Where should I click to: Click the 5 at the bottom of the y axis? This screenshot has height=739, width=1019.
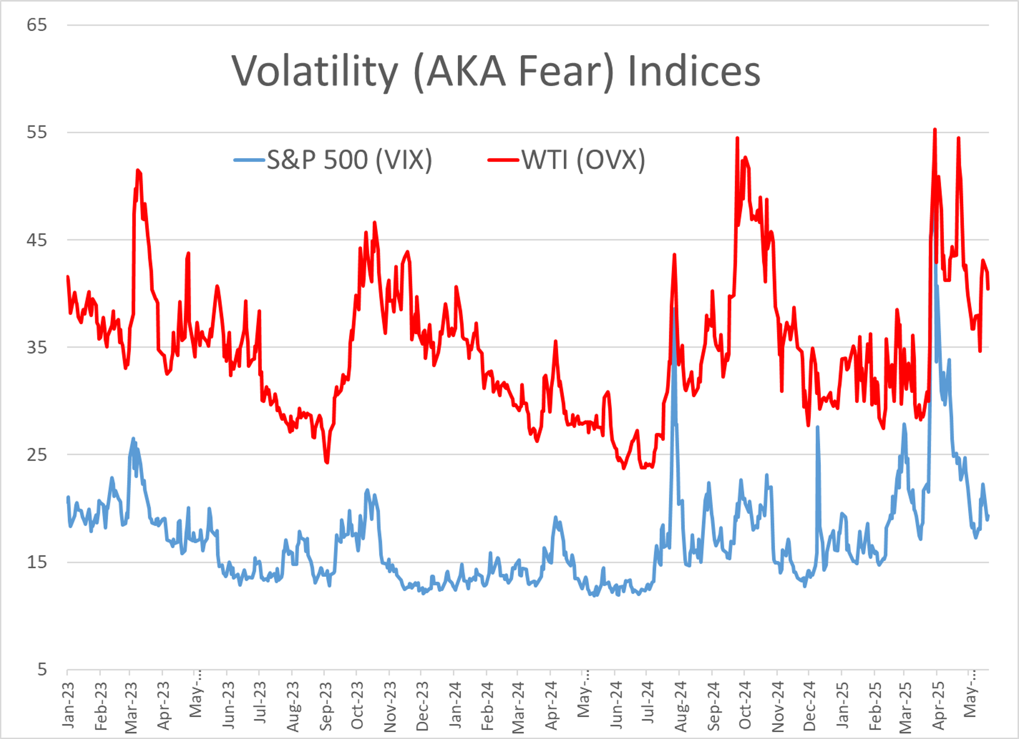click(42, 669)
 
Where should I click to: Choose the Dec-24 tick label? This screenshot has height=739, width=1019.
click(809, 705)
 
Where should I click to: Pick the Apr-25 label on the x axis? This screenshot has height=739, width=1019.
click(938, 705)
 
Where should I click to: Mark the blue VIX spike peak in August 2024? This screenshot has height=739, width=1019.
click(674, 309)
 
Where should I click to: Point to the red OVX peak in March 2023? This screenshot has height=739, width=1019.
click(137, 170)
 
